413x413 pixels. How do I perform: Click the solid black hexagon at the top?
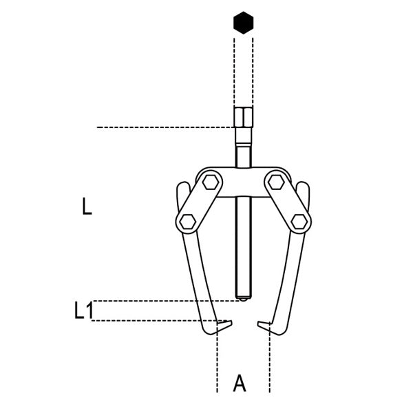tap(244, 23)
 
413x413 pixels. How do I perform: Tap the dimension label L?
tap(87, 206)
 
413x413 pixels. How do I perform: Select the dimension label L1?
tap(84, 310)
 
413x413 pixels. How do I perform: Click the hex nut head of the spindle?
tap(244, 117)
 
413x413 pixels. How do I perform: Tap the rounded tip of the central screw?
tap(244, 299)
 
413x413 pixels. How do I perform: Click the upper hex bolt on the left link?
tap(211, 182)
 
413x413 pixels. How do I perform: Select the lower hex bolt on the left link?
tap(187, 221)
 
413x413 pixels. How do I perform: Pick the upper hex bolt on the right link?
tap(276, 182)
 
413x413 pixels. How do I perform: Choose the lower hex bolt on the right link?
tap(299, 222)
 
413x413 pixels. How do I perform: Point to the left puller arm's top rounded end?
tap(183, 186)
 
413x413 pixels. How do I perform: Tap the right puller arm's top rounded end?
tap(303, 186)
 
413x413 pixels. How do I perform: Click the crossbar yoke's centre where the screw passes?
tap(244, 182)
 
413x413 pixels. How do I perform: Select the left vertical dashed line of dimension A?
tap(218, 357)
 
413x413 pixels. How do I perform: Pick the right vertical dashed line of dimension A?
tap(270, 357)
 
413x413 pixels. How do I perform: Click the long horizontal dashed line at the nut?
tap(165, 127)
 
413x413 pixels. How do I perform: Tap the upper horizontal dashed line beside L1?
tap(166, 301)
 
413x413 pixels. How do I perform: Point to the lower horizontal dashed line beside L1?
tap(159, 321)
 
